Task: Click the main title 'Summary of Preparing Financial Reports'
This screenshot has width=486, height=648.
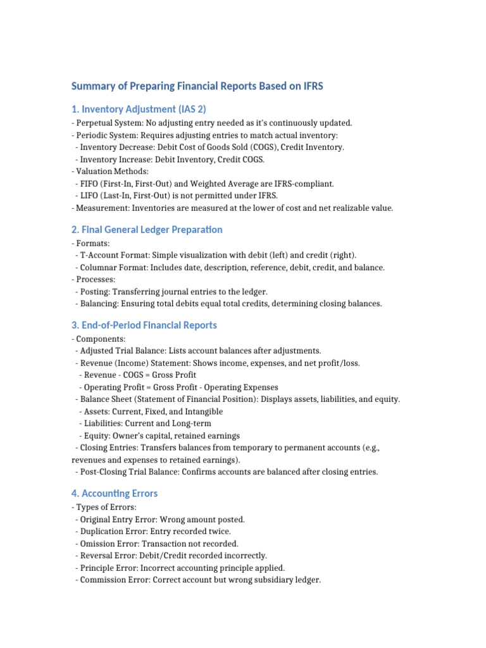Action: point(197,86)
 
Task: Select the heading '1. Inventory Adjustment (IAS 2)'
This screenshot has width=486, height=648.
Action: point(139,109)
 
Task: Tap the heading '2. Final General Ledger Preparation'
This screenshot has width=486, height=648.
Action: point(147,229)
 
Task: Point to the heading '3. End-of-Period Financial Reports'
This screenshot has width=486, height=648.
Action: point(144,325)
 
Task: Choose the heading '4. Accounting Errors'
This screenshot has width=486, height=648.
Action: point(115,493)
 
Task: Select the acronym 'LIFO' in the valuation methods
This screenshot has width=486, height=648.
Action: point(90,196)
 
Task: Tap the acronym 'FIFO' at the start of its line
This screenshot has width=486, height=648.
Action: point(90,184)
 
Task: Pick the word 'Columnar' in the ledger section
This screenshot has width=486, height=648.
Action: point(98,267)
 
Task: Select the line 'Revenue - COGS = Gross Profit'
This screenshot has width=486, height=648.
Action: point(137,375)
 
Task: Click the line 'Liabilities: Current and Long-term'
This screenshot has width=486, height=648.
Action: point(145,423)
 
